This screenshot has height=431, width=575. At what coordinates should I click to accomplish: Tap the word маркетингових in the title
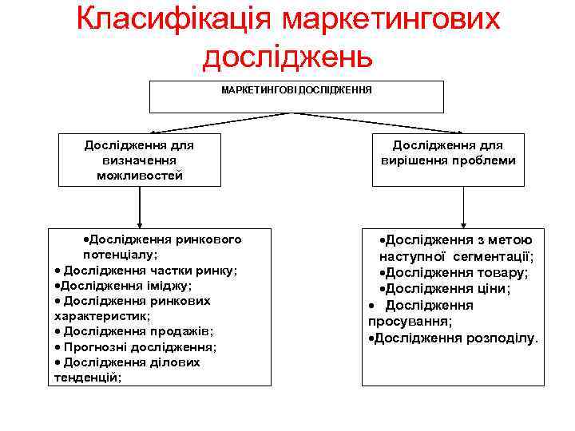(x=391, y=18)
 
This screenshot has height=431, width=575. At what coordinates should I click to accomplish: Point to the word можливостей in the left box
(x=140, y=175)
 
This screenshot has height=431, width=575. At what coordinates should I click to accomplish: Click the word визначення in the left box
(x=140, y=160)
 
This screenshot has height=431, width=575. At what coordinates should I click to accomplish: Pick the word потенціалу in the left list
(x=120, y=254)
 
